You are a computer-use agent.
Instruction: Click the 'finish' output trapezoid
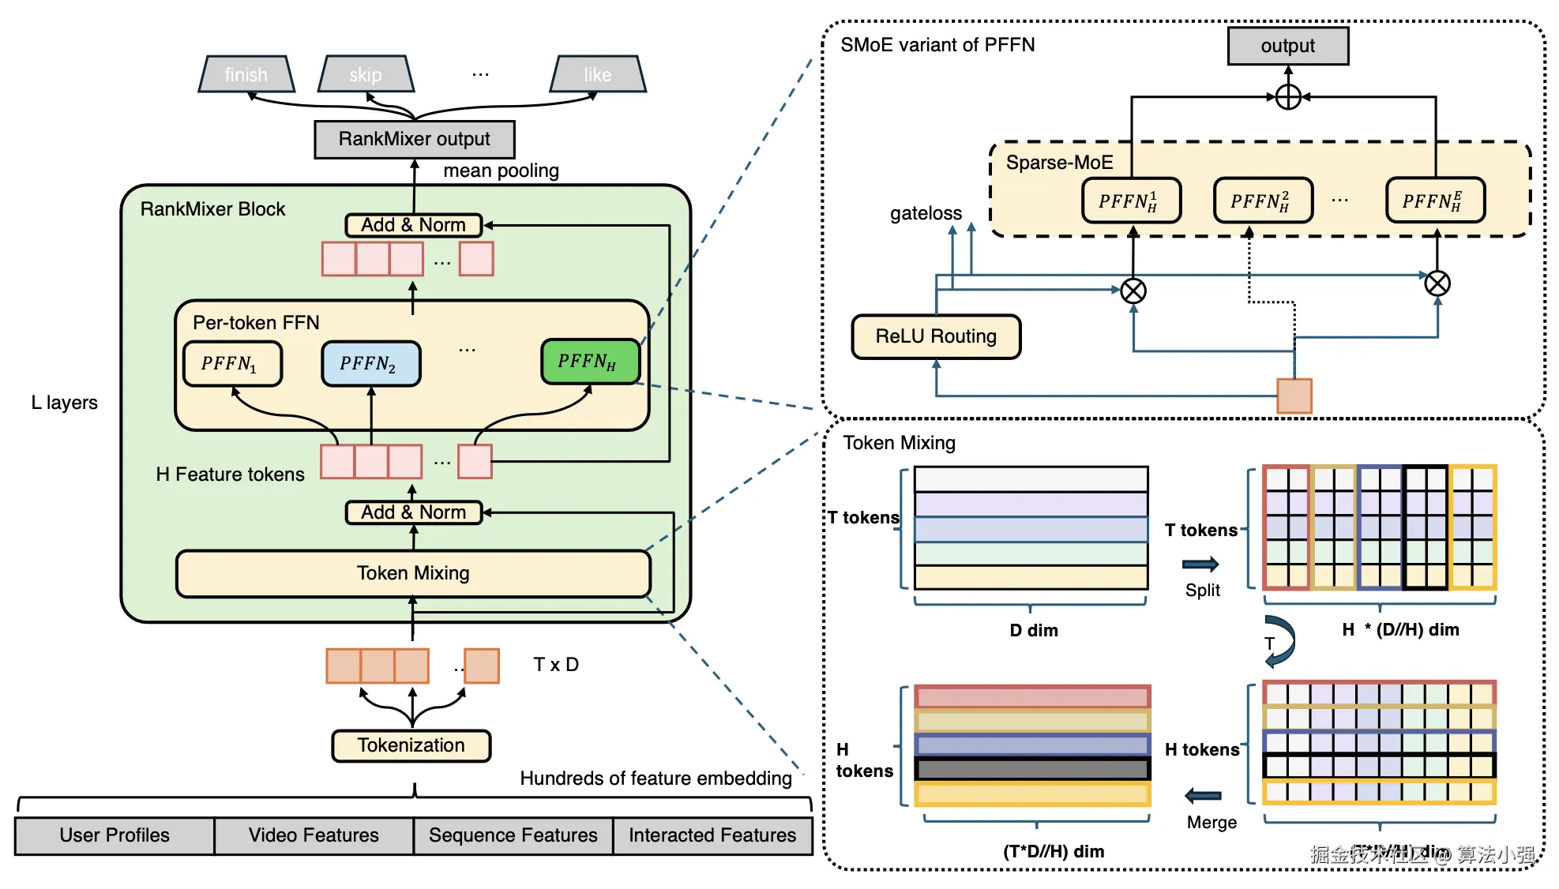[x=246, y=74]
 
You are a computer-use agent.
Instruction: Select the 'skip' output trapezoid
[x=366, y=74]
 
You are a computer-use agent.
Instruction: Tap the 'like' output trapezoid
[x=598, y=74]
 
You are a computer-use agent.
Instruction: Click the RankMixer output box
[x=415, y=139]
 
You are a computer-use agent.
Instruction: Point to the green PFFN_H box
[x=589, y=362]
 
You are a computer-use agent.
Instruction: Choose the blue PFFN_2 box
[x=370, y=363]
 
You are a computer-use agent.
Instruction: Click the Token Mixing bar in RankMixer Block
[x=413, y=573]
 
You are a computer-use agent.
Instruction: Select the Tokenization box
[x=411, y=745]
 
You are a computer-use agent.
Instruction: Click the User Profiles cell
[x=115, y=835]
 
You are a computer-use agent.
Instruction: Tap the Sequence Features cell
[x=513, y=835]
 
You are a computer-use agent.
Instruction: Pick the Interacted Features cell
[x=712, y=835]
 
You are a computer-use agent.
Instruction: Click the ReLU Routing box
[x=936, y=336]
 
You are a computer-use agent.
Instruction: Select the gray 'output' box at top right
[x=1287, y=46]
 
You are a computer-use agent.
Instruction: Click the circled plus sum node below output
[x=1288, y=97]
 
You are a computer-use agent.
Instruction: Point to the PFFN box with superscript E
[x=1435, y=201]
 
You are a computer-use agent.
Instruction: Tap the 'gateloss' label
[x=926, y=213]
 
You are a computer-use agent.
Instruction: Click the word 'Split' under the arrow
[x=1202, y=591]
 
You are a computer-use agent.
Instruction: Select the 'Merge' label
[x=1212, y=823]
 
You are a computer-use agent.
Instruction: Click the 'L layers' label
[x=65, y=403]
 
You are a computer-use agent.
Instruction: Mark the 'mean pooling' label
[x=501, y=171]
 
